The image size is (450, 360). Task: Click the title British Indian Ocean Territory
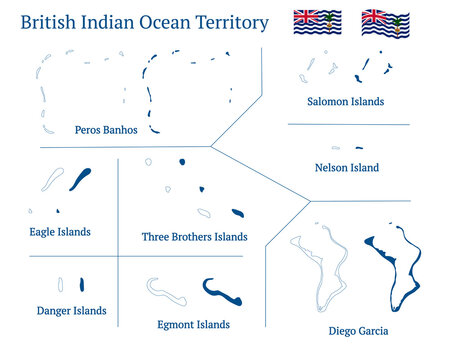pyautogui.click(x=144, y=23)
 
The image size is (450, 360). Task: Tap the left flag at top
pyautogui.click(x=315, y=23)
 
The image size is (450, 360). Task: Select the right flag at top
pyautogui.click(x=385, y=23)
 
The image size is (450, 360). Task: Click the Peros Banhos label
pyautogui.click(x=106, y=130)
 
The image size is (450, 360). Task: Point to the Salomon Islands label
pyautogui.click(x=346, y=102)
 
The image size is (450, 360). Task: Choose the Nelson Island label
pyautogui.click(x=346, y=168)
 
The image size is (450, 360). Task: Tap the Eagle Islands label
pyautogui.click(x=60, y=232)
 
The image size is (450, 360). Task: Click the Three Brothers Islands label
pyautogui.click(x=194, y=237)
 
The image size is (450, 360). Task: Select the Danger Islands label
pyautogui.click(x=71, y=311)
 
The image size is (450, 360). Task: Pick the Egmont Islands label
pyautogui.click(x=194, y=325)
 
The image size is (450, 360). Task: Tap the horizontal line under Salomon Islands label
pyautogui.click(x=348, y=125)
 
